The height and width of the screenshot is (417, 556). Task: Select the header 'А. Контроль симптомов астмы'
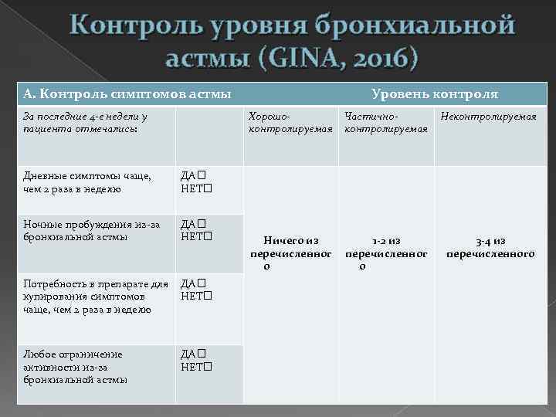tap(127, 94)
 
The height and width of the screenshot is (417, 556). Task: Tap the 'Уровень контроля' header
tap(435, 94)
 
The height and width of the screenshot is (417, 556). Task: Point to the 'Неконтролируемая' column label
tap(488, 117)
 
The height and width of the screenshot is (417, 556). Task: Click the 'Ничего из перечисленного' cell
tap(290, 253)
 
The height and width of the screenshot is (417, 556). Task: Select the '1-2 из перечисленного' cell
tap(386, 253)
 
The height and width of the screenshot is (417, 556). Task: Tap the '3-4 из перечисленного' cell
tap(490, 247)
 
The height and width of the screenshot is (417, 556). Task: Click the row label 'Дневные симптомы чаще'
tap(86, 182)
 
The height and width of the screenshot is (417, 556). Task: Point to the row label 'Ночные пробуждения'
tap(91, 230)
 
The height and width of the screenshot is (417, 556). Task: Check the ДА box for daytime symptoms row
tap(201, 175)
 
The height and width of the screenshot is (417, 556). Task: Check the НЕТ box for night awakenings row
tap(208, 236)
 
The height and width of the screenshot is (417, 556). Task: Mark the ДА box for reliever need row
tap(201, 283)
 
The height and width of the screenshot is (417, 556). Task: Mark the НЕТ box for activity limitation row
tap(208, 366)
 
